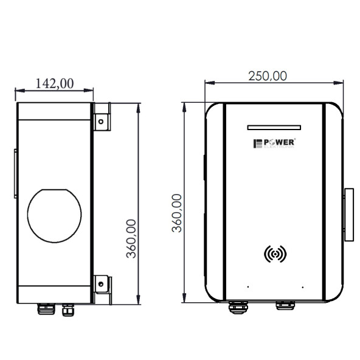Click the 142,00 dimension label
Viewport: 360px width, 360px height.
pyautogui.click(x=55, y=83)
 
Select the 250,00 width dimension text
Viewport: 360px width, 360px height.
pyautogui.click(x=268, y=75)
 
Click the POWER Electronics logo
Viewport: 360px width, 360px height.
pyautogui.click(x=274, y=144)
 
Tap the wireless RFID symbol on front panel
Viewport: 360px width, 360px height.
pyautogui.click(x=275, y=254)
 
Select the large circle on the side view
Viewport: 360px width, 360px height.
pyautogui.click(x=55, y=214)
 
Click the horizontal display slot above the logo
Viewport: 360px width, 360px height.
pyautogui.click(x=274, y=127)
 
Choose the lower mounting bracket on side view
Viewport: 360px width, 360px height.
pyautogui.click(x=102, y=284)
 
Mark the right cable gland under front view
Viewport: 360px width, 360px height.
pyautogui.click(x=283, y=305)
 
